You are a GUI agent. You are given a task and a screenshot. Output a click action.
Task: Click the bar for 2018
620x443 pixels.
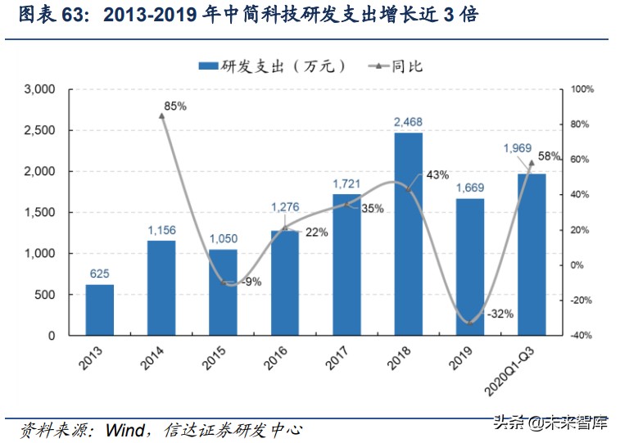(x=408, y=233)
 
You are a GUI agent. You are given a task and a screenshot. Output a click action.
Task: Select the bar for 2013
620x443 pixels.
(x=100, y=310)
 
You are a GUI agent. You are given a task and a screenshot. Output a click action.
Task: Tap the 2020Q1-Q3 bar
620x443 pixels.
(x=531, y=254)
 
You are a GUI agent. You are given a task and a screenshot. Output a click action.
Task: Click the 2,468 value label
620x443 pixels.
(x=408, y=123)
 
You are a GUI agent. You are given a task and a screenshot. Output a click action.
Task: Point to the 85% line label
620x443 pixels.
(x=175, y=106)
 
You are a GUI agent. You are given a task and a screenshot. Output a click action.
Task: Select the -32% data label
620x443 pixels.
(x=498, y=313)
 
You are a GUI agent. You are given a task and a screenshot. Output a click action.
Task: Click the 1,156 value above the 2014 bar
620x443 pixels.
(x=161, y=230)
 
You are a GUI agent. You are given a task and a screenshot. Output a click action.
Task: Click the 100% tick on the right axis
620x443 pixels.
(x=581, y=89)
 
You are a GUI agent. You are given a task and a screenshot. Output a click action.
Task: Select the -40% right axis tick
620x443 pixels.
(x=581, y=336)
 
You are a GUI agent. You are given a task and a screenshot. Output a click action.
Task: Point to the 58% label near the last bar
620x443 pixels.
(x=549, y=156)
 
